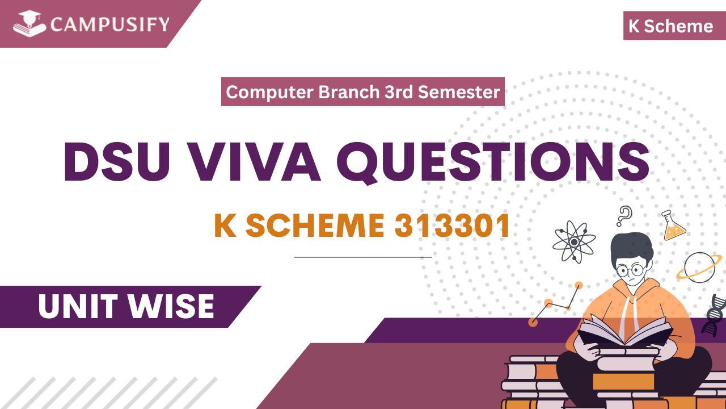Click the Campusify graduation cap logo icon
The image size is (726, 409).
29,24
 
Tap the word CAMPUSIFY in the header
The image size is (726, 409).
109,24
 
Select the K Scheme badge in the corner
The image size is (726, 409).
670,26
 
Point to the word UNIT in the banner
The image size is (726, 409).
77,307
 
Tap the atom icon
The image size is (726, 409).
574,241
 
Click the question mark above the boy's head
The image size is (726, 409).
624,216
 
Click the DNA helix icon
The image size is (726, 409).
714,315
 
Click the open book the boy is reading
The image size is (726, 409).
624,332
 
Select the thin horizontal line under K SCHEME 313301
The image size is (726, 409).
362,257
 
